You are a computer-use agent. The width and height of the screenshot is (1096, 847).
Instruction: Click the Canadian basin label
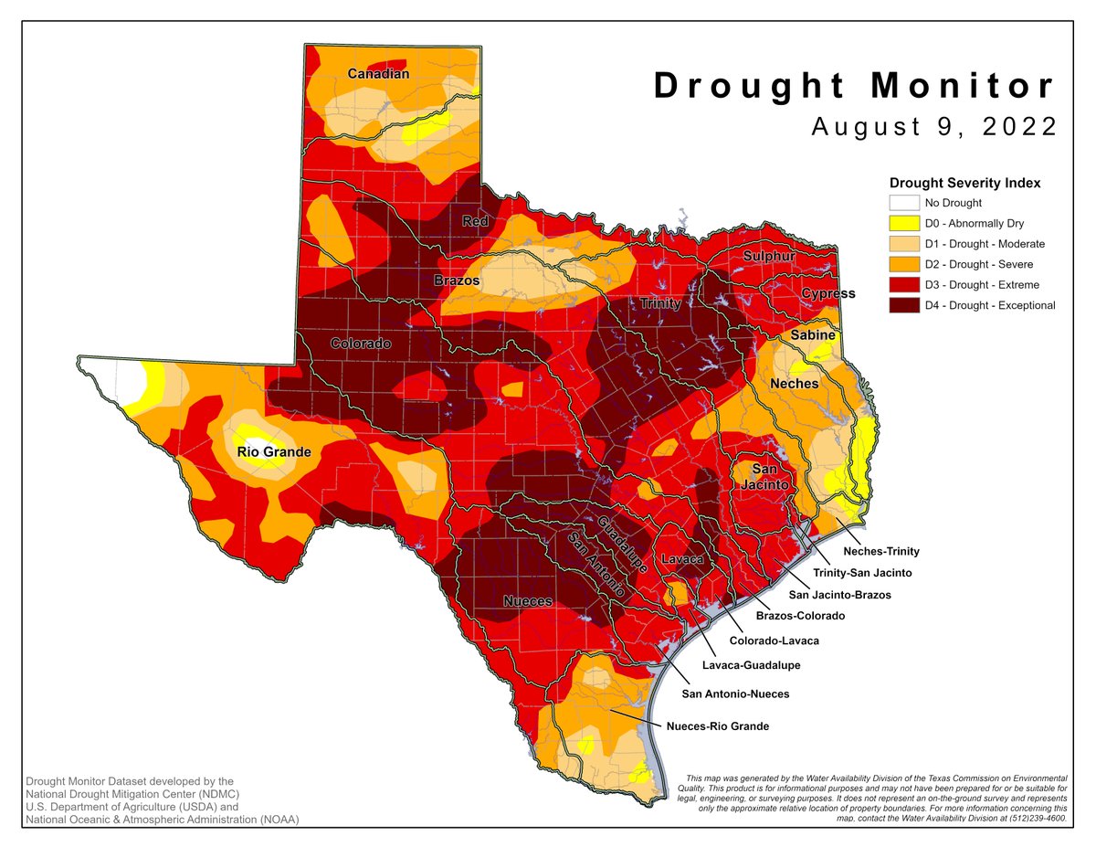[x=378, y=73]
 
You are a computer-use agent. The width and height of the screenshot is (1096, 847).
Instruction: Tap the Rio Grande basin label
[x=274, y=451]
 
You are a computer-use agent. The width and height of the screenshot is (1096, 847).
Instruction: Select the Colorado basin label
[x=360, y=344]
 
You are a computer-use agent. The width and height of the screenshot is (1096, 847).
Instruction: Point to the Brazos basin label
[x=457, y=281]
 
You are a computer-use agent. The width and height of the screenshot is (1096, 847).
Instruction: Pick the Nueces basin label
[x=528, y=600]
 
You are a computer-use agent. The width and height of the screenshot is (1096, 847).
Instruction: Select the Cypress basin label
[x=828, y=293]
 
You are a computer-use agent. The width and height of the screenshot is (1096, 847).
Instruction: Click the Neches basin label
[x=794, y=383]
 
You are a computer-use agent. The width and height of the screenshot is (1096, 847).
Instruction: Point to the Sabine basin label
[x=812, y=335]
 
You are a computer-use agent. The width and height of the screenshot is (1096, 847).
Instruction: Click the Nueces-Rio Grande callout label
[x=718, y=726]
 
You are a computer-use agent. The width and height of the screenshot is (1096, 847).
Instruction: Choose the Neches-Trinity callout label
[x=880, y=551]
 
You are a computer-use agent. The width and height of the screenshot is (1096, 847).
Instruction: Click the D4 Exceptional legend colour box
[x=902, y=305]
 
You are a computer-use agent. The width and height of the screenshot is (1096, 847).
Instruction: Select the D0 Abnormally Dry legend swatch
[x=902, y=224]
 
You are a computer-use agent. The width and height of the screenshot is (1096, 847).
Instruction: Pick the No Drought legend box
[x=902, y=203]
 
